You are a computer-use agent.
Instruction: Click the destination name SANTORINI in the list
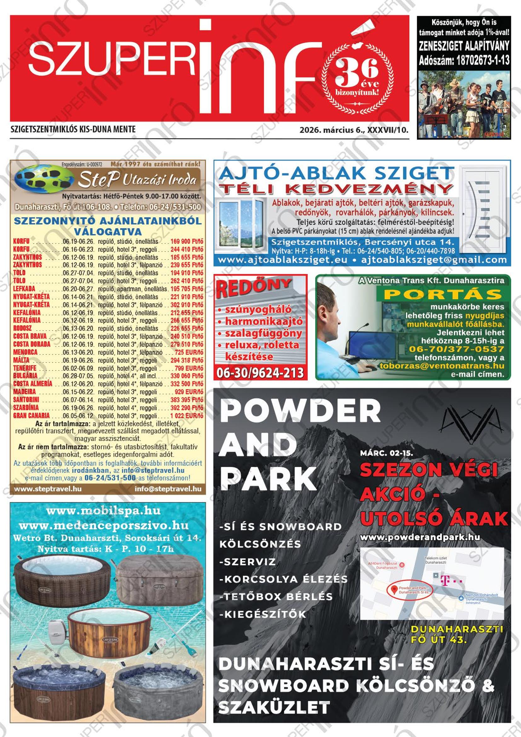pyautogui.click(x=26, y=400)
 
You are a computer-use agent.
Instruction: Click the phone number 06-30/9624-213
pyautogui.click(x=260, y=373)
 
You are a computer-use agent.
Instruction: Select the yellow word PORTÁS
pyautogui.click(x=443, y=294)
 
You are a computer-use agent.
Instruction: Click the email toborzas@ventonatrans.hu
pyautogui.click(x=442, y=366)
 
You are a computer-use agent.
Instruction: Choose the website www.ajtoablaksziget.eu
pyautogui.click(x=283, y=260)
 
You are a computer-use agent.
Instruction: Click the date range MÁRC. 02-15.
pyautogui.click(x=386, y=454)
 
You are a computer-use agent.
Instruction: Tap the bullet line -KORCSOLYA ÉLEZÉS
pyautogui.click(x=283, y=580)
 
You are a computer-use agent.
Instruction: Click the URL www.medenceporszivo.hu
pyautogui.click(x=104, y=526)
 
